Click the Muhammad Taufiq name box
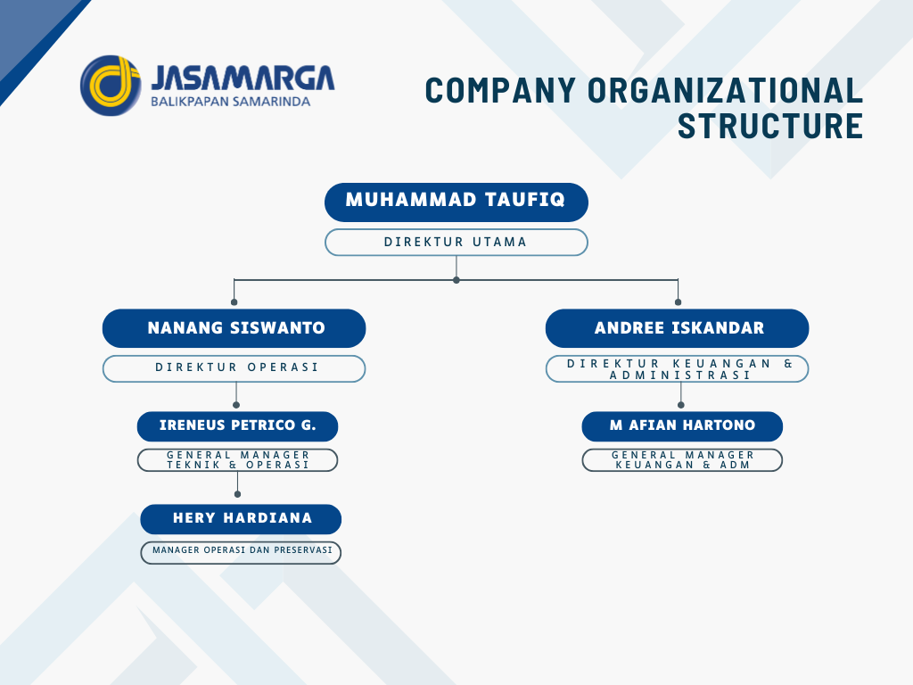point(456,202)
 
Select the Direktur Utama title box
point(456,243)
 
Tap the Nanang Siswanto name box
point(234,328)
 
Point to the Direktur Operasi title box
point(234,368)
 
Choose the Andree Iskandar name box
point(678,328)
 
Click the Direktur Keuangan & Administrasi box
point(678,368)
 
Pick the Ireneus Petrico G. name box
point(237,426)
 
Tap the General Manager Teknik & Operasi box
point(237,460)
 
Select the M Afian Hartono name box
point(682,426)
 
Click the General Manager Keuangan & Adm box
point(682,460)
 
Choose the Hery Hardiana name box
point(241,519)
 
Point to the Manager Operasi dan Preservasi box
point(241,553)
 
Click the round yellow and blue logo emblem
point(111,86)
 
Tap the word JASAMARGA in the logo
point(243,78)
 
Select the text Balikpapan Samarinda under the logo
point(231,102)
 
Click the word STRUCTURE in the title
point(770,126)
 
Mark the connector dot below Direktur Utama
point(456,280)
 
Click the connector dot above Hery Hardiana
point(237,494)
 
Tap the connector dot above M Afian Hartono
point(680,405)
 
